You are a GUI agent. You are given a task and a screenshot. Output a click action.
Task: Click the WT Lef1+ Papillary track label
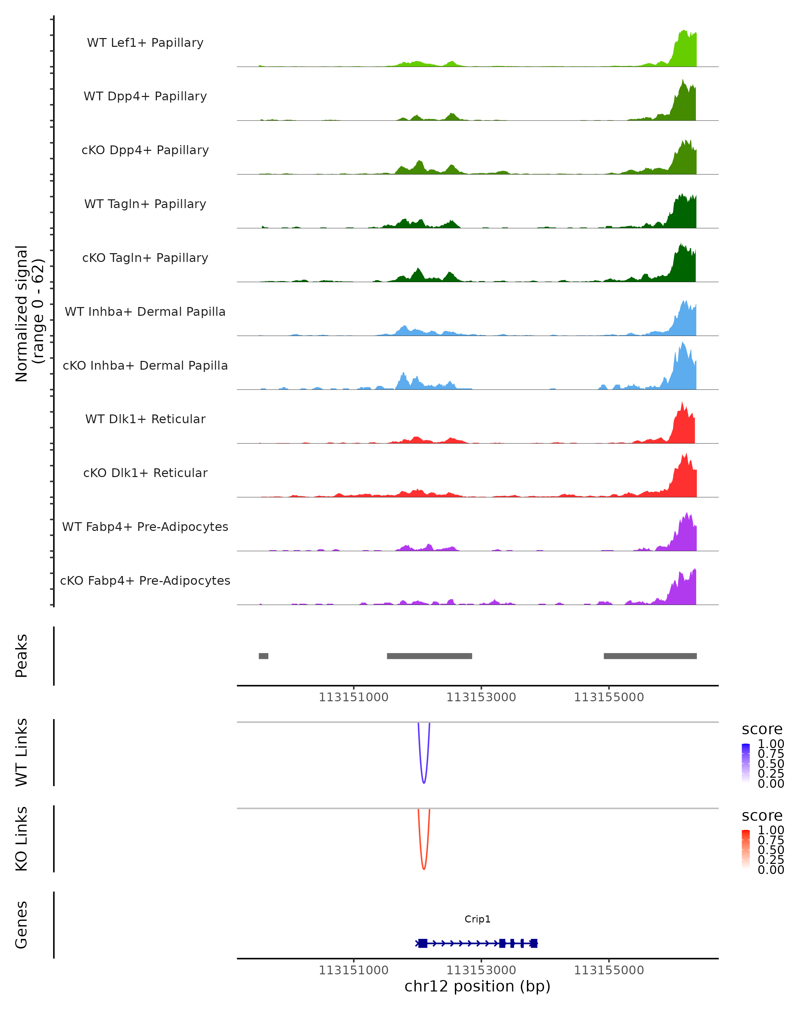tap(145, 43)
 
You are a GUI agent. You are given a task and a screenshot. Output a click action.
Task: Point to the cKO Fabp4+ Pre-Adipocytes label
tap(145, 580)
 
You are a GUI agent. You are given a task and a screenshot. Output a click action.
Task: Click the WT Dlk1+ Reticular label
tap(145, 419)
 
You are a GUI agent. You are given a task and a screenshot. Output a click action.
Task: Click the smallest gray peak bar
tap(263, 656)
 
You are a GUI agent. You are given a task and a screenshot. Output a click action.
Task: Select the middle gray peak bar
tap(429, 656)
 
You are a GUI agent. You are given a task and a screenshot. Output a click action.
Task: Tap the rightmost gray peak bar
tap(650, 656)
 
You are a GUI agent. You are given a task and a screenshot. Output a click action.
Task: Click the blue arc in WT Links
tap(424, 782)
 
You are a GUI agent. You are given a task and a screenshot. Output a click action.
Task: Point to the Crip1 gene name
tap(477, 919)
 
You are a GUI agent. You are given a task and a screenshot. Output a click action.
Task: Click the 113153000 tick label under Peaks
tap(481, 697)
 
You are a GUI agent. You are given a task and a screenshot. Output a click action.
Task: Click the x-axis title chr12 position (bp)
tap(477, 986)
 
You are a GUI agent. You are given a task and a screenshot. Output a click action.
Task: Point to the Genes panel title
tap(22, 925)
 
